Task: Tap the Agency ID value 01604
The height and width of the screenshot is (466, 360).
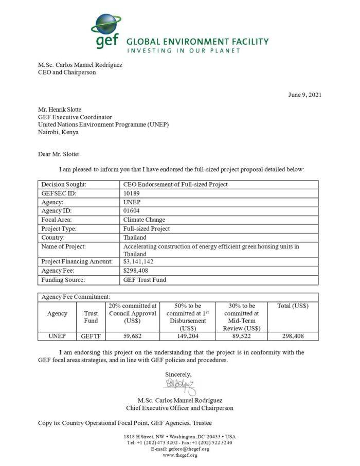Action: click(132, 210)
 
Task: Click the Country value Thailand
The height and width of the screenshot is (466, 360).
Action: click(136, 237)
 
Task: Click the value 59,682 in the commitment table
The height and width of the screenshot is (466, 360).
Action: click(133, 336)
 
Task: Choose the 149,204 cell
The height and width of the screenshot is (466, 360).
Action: click(186, 336)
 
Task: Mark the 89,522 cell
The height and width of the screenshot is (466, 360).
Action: click(241, 336)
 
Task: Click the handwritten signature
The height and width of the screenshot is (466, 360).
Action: click(179, 385)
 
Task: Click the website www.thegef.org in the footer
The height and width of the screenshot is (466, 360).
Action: click(179, 455)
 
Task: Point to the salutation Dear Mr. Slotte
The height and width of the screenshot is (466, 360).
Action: click(59, 154)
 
